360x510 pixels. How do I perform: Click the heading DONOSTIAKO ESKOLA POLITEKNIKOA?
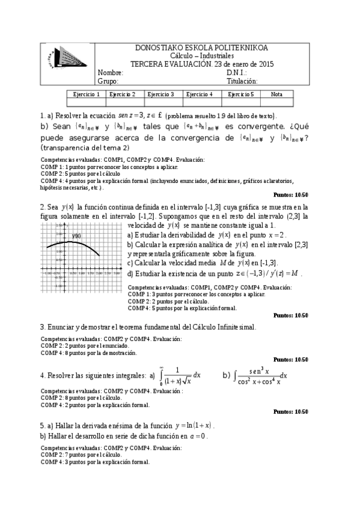coord(202,48)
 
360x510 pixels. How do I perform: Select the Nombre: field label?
coord(111,73)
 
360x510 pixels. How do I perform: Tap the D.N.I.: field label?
coord(239,73)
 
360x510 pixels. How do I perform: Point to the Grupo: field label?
coord(108,81)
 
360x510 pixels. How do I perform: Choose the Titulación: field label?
coord(242,81)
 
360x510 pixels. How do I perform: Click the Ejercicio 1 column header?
coord(86,94)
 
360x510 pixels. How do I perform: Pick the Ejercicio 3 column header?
coord(160,94)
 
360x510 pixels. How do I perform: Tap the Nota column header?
coord(276,94)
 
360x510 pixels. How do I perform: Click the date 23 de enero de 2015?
coord(243,64)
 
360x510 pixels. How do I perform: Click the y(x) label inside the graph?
coord(76,236)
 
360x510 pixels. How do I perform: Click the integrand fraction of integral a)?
coord(176,375)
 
